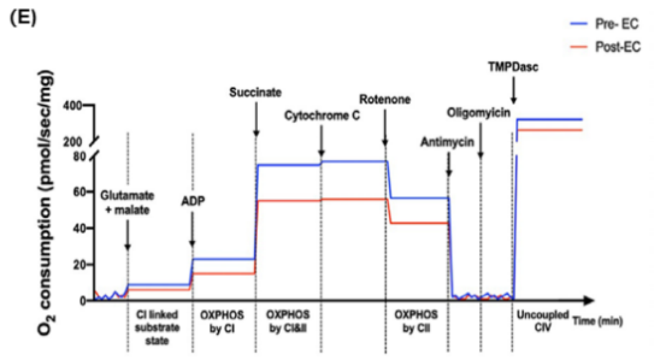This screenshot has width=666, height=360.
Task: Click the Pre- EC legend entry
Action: pyautogui.click(x=604, y=24)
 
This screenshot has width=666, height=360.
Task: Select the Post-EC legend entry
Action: pyautogui.click(x=605, y=47)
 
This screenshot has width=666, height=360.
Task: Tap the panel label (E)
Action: pyautogui.click(x=23, y=17)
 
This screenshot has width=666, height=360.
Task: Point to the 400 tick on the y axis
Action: pyautogui.click(x=73, y=105)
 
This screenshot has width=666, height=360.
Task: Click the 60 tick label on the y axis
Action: pyautogui.click(x=80, y=192)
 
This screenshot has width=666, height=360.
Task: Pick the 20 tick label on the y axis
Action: pyautogui.click(x=80, y=264)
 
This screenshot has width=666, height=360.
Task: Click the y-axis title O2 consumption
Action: pyautogui.click(x=46, y=203)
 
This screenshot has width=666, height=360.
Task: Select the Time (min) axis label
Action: pyautogui.click(x=598, y=321)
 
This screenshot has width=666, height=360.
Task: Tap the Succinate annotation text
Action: pyautogui.click(x=256, y=92)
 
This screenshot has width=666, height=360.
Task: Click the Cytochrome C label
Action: pyautogui.click(x=322, y=116)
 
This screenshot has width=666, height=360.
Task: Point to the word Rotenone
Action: pyautogui.click(x=385, y=99)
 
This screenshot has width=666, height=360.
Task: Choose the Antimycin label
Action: pyautogui.click(x=447, y=142)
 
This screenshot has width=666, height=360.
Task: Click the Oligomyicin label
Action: pyautogui.click(x=478, y=113)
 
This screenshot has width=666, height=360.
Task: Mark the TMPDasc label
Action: pyautogui.click(x=513, y=67)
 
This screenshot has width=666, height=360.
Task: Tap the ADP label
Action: pyautogui.click(x=193, y=201)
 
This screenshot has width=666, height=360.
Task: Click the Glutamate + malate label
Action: pyautogui.click(x=127, y=203)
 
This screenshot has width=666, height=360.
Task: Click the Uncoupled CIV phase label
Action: pyautogui.click(x=543, y=321)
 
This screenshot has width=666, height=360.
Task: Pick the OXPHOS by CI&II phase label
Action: pyautogui.click(x=288, y=321)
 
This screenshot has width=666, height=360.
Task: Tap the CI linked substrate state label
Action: pyautogui.click(x=157, y=327)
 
